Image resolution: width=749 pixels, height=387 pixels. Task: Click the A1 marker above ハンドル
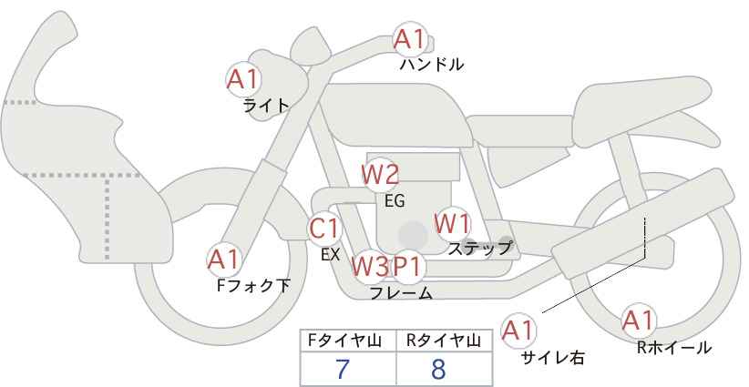(x=410, y=39)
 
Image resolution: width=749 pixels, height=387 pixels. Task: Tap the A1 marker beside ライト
(x=243, y=80)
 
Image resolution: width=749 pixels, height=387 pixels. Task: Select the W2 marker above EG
(x=380, y=175)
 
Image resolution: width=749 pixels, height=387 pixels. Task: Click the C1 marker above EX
(x=324, y=229)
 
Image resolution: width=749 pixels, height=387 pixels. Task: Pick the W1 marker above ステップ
(x=452, y=223)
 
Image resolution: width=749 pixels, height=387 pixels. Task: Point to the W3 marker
(x=370, y=266)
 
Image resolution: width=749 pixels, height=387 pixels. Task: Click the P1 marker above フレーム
(x=407, y=266)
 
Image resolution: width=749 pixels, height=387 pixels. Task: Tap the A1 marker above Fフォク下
(x=224, y=260)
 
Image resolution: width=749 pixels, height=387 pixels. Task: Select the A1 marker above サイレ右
(x=518, y=331)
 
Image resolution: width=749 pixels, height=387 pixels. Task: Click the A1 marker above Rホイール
(x=638, y=321)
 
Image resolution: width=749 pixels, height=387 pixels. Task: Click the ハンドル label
(x=432, y=64)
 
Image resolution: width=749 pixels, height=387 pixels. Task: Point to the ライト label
(x=266, y=105)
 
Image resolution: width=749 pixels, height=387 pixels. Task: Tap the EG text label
(x=395, y=201)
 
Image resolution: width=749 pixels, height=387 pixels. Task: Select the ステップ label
(x=479, y=248)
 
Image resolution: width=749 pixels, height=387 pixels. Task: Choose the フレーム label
(x=401, y=293)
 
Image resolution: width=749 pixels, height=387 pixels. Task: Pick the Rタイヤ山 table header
(x=444, y=341)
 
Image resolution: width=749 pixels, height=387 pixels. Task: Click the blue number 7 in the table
(x=343, y=369)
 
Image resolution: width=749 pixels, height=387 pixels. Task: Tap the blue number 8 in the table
(x=438, y=369)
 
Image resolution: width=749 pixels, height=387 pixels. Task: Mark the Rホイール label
(x=674, y=348)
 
